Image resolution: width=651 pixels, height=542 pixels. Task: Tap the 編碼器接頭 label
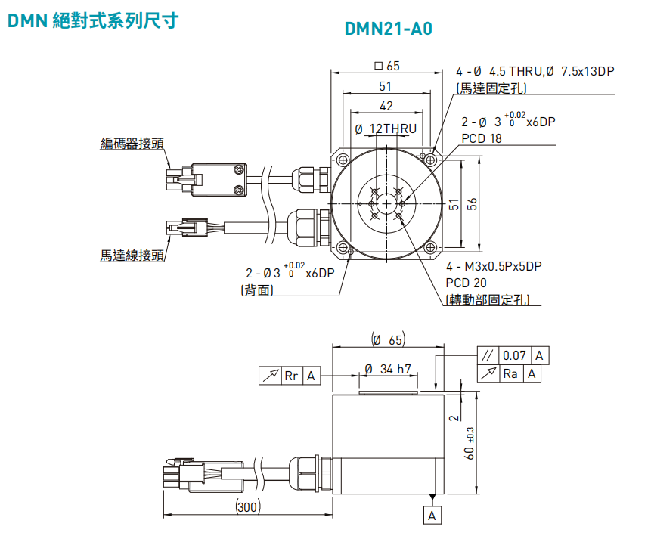click(x=132, y=144)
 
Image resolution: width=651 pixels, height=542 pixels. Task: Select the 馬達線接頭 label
click(x=132, y=256)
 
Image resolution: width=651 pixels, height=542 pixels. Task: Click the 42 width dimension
click(x=386, y=106)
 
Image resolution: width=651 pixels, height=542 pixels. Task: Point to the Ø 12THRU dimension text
click(x=386, y=129)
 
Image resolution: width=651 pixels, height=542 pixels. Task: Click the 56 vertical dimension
click(x=472, y=204)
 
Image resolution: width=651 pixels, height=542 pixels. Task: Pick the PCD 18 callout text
click(x=482, y=138)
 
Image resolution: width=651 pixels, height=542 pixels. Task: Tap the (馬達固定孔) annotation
click(x=491, y=88)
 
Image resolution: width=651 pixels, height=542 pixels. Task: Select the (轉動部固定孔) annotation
click(x=488, y=299)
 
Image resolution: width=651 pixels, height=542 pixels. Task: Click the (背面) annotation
click(x=257, y=290)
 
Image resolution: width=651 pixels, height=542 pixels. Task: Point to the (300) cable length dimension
click(x=249, y=507)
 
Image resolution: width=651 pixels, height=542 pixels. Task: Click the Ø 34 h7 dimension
click(x=387, y=370)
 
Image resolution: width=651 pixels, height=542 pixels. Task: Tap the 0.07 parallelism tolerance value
click(x=514, y=355)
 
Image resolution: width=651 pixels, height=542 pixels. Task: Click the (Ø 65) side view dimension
click(x=387, y=340)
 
